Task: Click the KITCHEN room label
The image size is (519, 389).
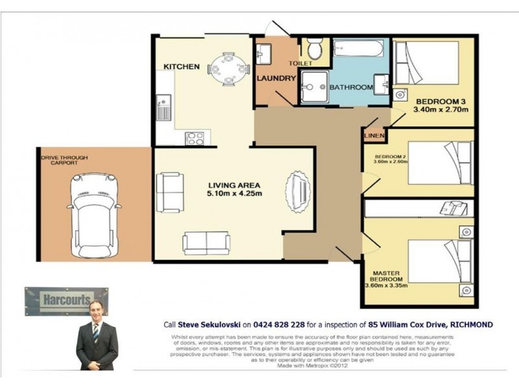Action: pyautogui.click(x=180, y=67)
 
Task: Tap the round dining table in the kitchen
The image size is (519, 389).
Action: pyautogui.click(x=224, y=66)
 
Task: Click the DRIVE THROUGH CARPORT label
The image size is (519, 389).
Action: pyautogui.click(x=64, y=161)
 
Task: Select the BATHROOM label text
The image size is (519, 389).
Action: pyautogui.click(x=351, y=88)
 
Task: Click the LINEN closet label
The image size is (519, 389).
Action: pyautogui.click(x=374, y=136)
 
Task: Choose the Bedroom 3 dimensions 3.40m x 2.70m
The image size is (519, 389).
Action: pyautogui.click(x=441, y=110)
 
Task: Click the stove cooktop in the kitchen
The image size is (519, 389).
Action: pyautogui.click(x=195, y=137)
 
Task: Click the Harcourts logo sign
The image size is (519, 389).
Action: pyautogui.click(x=66, y=300)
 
